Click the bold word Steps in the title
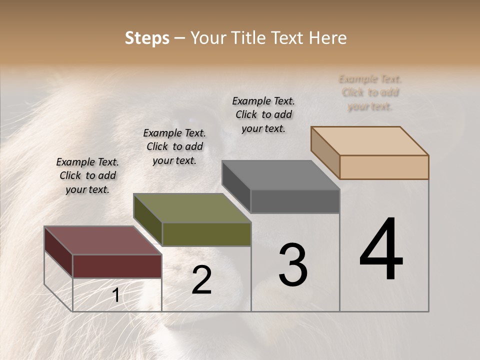point(147,38)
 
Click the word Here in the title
point(327,38)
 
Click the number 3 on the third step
point(292,265)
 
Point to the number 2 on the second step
point(201,280)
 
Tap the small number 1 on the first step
point(115,295)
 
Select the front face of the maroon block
point(117,266)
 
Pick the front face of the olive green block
point(206,234)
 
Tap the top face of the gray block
point(280,175)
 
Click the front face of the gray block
point(295,201)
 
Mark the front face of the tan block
point(384,167)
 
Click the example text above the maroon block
point(87,175)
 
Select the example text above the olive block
point(174,146)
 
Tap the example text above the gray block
point(263,114)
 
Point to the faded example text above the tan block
point(370,92)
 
